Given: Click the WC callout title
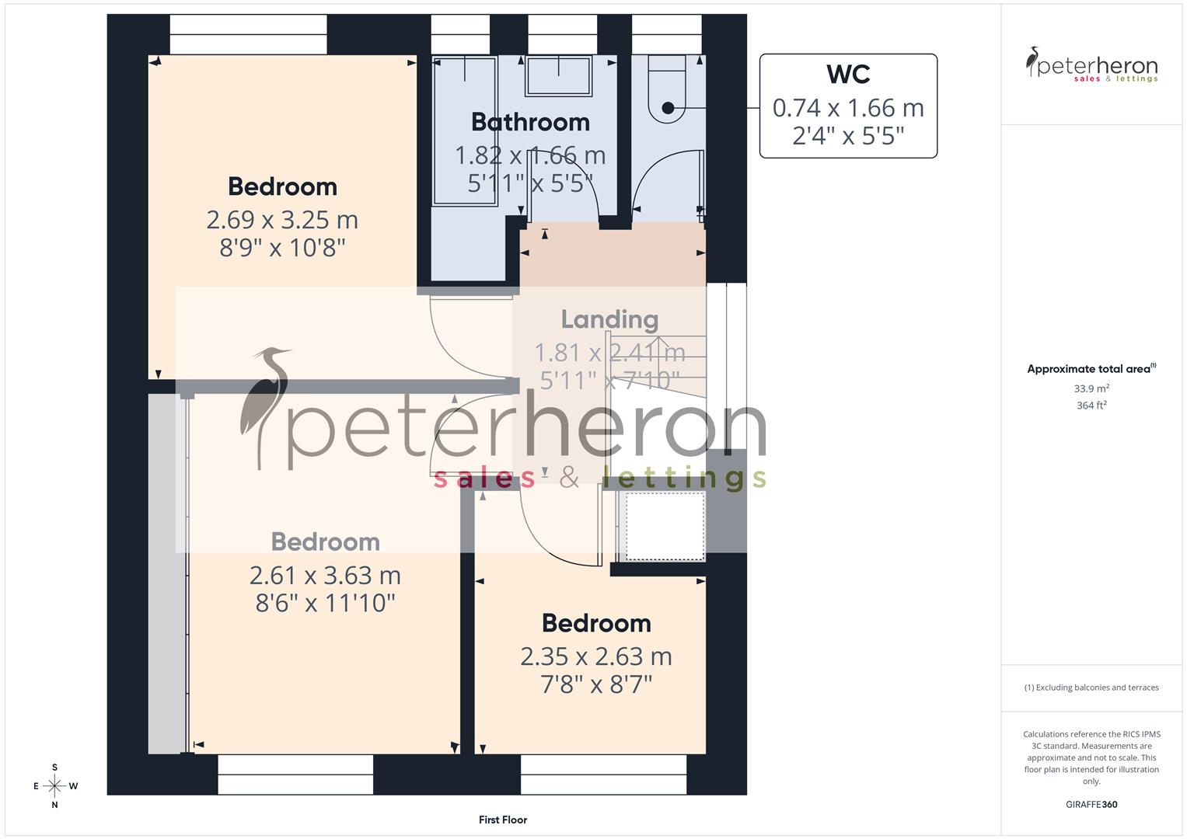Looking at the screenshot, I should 848,75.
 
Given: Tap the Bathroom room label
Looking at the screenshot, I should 530,122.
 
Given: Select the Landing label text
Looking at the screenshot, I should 609,319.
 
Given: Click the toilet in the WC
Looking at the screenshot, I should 667,91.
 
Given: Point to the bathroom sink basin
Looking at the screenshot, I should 558,76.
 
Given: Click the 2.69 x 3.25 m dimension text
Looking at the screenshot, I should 282,220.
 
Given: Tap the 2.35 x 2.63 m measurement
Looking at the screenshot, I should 596,657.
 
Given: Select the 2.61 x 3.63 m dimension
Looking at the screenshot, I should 325,576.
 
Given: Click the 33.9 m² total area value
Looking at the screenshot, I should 1091,388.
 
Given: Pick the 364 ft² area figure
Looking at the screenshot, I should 1091,406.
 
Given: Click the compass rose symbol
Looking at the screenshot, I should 54,786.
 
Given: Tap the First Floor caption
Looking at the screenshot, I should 503,820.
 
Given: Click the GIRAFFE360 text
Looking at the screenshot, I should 1091,805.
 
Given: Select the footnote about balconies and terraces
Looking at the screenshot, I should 1091,688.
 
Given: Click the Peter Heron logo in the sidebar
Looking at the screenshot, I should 1091,65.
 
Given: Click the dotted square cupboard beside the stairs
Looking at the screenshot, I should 665,526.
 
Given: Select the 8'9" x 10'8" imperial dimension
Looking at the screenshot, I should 282,249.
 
